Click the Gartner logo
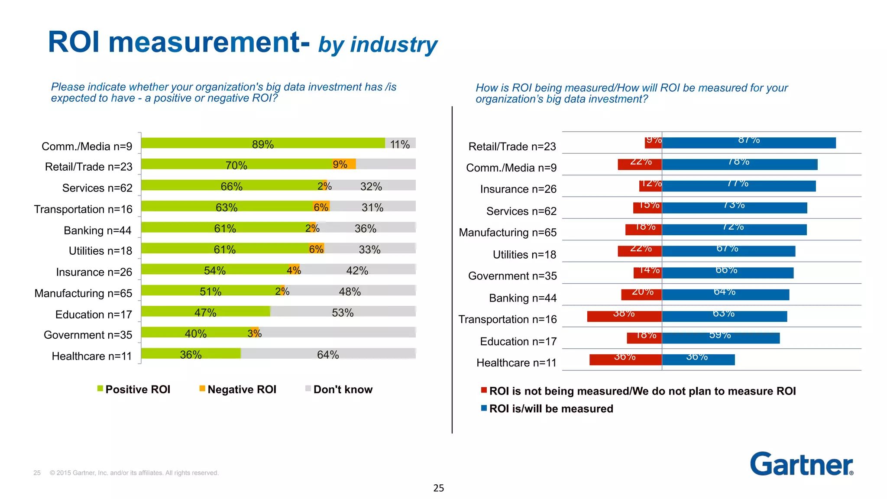tap(801, 464)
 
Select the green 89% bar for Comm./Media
tap(262, 143)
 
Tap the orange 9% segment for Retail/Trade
tap(344, 164)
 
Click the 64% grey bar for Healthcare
tap(328, 354)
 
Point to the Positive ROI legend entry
tap(134, 389)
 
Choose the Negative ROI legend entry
tap(238, 389)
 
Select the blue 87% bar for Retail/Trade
tap(748, 143)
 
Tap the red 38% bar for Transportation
tap(624, 316)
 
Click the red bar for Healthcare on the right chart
tap(625, 360)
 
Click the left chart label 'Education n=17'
tap(94, 314)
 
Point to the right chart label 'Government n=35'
tap(512, 276)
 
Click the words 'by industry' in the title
tap(378, 45)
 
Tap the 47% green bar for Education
tap(205, 311)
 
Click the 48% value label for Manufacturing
tap(350, 292)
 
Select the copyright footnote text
tap(134, 473)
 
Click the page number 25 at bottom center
tap(438, 488)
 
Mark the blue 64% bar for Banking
tap(725, 295)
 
